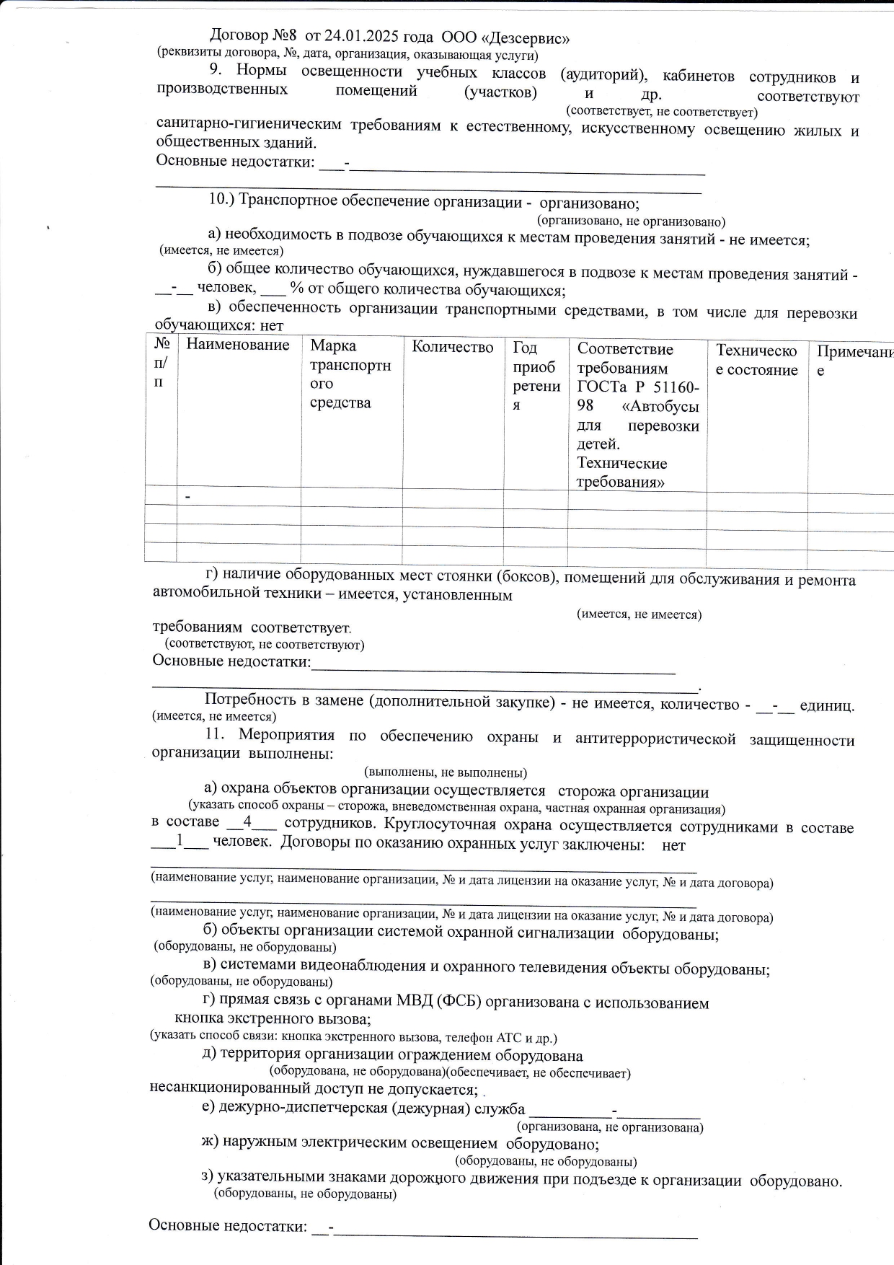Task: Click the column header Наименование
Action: (x=238, y=345)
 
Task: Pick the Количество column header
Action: (x=453, y=348)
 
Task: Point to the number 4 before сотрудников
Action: (x=247, y=821)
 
